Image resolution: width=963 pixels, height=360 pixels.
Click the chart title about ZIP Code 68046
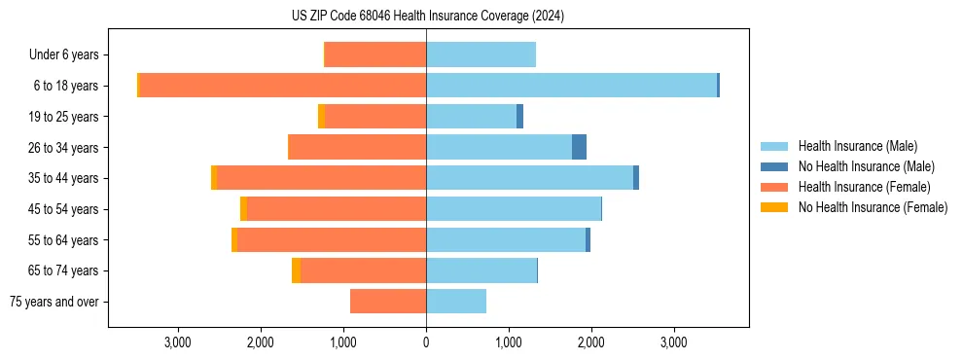[x=428, y=17]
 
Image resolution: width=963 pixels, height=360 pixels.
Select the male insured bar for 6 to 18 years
[x=571, y=86]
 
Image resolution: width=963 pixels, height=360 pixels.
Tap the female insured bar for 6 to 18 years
[x=283, y=86]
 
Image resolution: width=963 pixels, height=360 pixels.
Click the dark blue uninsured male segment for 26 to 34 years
[x=579, y=147]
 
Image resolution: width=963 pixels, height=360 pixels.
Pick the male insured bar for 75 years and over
[x=456, y=302]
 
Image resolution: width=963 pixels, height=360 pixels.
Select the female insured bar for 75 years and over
[x=388, y=302]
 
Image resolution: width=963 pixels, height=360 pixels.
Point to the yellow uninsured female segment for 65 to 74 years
[x=296, y=270]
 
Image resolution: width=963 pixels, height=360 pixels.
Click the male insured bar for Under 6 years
[x=481, y=54]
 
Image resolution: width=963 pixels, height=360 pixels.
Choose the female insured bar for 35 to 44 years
[x=321, y=178]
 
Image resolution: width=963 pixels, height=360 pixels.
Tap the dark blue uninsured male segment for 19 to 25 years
[x=519, y=117]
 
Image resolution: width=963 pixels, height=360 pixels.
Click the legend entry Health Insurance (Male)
[x=857, y=146]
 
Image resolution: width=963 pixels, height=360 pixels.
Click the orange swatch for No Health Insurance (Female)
[x=775, y=207]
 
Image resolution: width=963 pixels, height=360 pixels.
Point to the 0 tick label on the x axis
[x=426, y=342]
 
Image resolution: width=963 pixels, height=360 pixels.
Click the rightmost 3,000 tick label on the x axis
[x=674, y=342]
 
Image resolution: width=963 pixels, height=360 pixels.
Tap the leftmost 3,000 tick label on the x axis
[x=178, y=342]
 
